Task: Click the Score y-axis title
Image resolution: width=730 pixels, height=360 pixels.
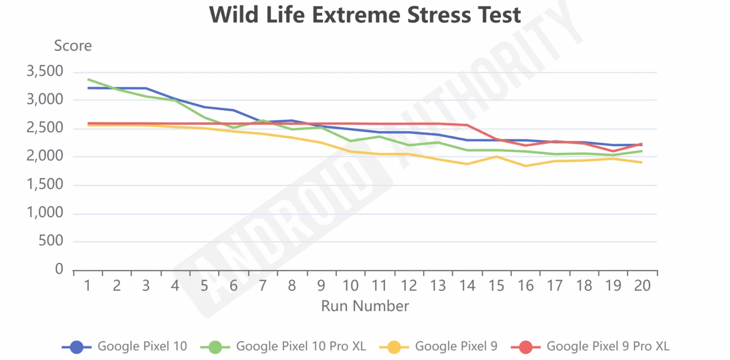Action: [73, 46]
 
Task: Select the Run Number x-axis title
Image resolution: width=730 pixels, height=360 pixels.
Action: [365, 306]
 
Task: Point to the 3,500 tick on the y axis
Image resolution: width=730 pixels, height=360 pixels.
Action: [45, 72]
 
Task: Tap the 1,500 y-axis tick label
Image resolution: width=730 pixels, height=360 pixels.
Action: [45, 185]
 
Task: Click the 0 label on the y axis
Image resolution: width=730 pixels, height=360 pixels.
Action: [59, 270]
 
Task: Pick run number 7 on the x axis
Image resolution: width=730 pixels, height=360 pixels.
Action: [263, 285]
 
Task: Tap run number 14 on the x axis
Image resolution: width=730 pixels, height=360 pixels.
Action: [467, 285]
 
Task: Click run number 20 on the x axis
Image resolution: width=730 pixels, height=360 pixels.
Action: [643, 285]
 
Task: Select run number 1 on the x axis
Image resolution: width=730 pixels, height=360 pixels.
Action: [88, 285]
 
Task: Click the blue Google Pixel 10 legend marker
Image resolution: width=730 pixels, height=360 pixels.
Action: [77, 347]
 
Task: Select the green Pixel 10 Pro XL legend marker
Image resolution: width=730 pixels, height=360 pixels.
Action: [215, 347]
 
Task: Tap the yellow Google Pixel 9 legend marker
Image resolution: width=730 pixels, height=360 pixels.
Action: [394, 347]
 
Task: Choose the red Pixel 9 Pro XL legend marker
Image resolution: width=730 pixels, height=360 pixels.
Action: [526, 347]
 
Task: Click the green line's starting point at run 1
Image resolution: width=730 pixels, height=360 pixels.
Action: [88, 79]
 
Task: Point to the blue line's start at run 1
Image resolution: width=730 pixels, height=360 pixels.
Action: [88, 88]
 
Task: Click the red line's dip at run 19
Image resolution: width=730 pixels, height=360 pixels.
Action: [614, 151]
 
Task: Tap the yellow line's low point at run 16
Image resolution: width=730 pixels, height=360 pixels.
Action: [526, 166]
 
